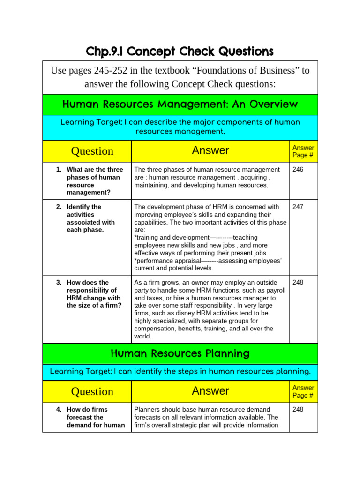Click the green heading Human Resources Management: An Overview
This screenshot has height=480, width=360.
pyautogui.click(x=180, y=104)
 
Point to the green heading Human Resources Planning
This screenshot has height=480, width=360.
pyautogui.click(x=180, y=353)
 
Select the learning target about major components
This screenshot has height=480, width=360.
pyautogui.click(x=180, y=127)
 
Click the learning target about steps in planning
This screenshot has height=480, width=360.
pyautogui.click(x=180, y=372)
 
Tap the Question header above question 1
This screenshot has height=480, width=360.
pyautogui.click(x=92, y=151)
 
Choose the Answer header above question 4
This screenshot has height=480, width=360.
pyautogui.click(x=210, y=391)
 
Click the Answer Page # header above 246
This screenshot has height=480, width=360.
pyautogui.click(x=303, y=151)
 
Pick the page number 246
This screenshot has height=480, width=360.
pyautogui.click(x=298, y=169)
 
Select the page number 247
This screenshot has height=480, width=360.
pyautogui.click(x=298, y=207)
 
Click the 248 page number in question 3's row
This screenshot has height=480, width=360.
pyautogui.click(x=298, y=283)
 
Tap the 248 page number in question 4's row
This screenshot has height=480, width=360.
pyautogui.click(x=298, y=409)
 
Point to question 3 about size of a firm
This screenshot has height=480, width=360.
pyautogui.click(x=94, y=294)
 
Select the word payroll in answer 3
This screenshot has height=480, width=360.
pyautogui.click(x=275, y=290)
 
